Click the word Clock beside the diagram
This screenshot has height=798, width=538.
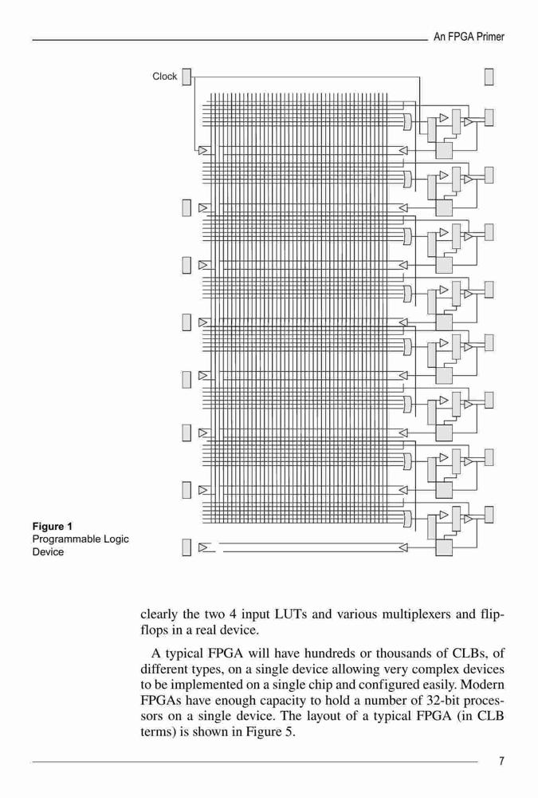[165, 77]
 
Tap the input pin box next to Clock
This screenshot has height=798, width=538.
[187, 77]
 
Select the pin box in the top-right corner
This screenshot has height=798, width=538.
[489, 77]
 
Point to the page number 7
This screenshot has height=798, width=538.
[502, 760]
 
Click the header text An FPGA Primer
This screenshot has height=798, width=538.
[469, 37]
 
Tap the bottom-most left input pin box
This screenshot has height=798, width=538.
[187, 547]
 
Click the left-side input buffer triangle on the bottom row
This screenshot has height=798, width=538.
[203, 547]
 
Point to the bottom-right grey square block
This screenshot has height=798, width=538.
[444, 547]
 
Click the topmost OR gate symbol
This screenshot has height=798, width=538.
[407, 121]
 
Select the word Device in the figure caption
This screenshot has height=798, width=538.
[49, 552]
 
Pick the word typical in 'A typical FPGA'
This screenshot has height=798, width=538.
[184, 653]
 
